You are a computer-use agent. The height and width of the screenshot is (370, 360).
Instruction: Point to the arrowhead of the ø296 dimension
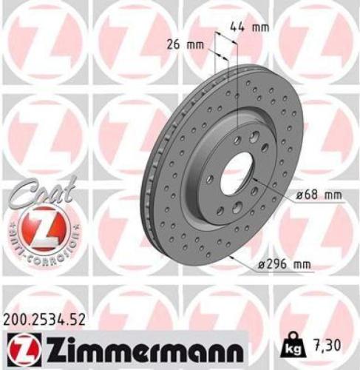[233, 257]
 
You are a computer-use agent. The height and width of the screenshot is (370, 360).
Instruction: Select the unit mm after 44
[259, 27]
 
